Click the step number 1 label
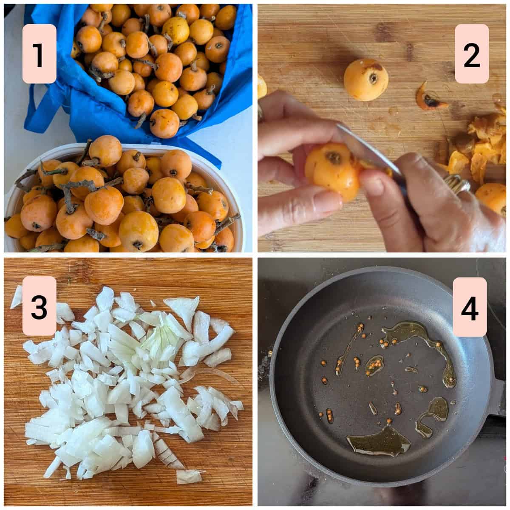click(39, 54)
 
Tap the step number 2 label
click(472, 54)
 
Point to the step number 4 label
click(470, 307)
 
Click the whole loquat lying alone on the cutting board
click(366, 79)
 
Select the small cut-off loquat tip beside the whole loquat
click(430, 96)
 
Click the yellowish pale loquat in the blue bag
click(176, 31)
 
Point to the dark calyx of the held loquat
click(334, 158)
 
